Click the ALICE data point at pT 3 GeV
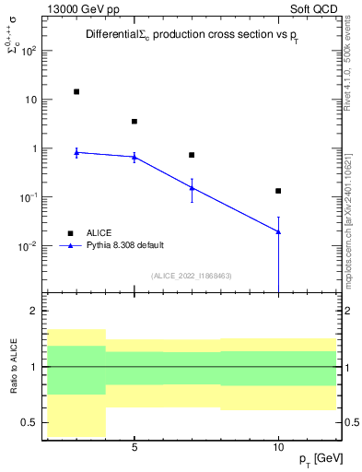point(76,91)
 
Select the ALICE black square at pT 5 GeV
point(134,121)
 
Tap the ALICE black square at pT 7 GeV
point(192,155)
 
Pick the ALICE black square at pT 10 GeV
point(278,191)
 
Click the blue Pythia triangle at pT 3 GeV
point(76,152)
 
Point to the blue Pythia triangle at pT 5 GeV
point(134,157)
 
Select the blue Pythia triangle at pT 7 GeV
point(192,187)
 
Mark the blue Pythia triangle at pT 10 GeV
point(278,231)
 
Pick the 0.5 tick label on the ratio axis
point(29,422)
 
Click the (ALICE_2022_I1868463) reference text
point(192,275)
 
